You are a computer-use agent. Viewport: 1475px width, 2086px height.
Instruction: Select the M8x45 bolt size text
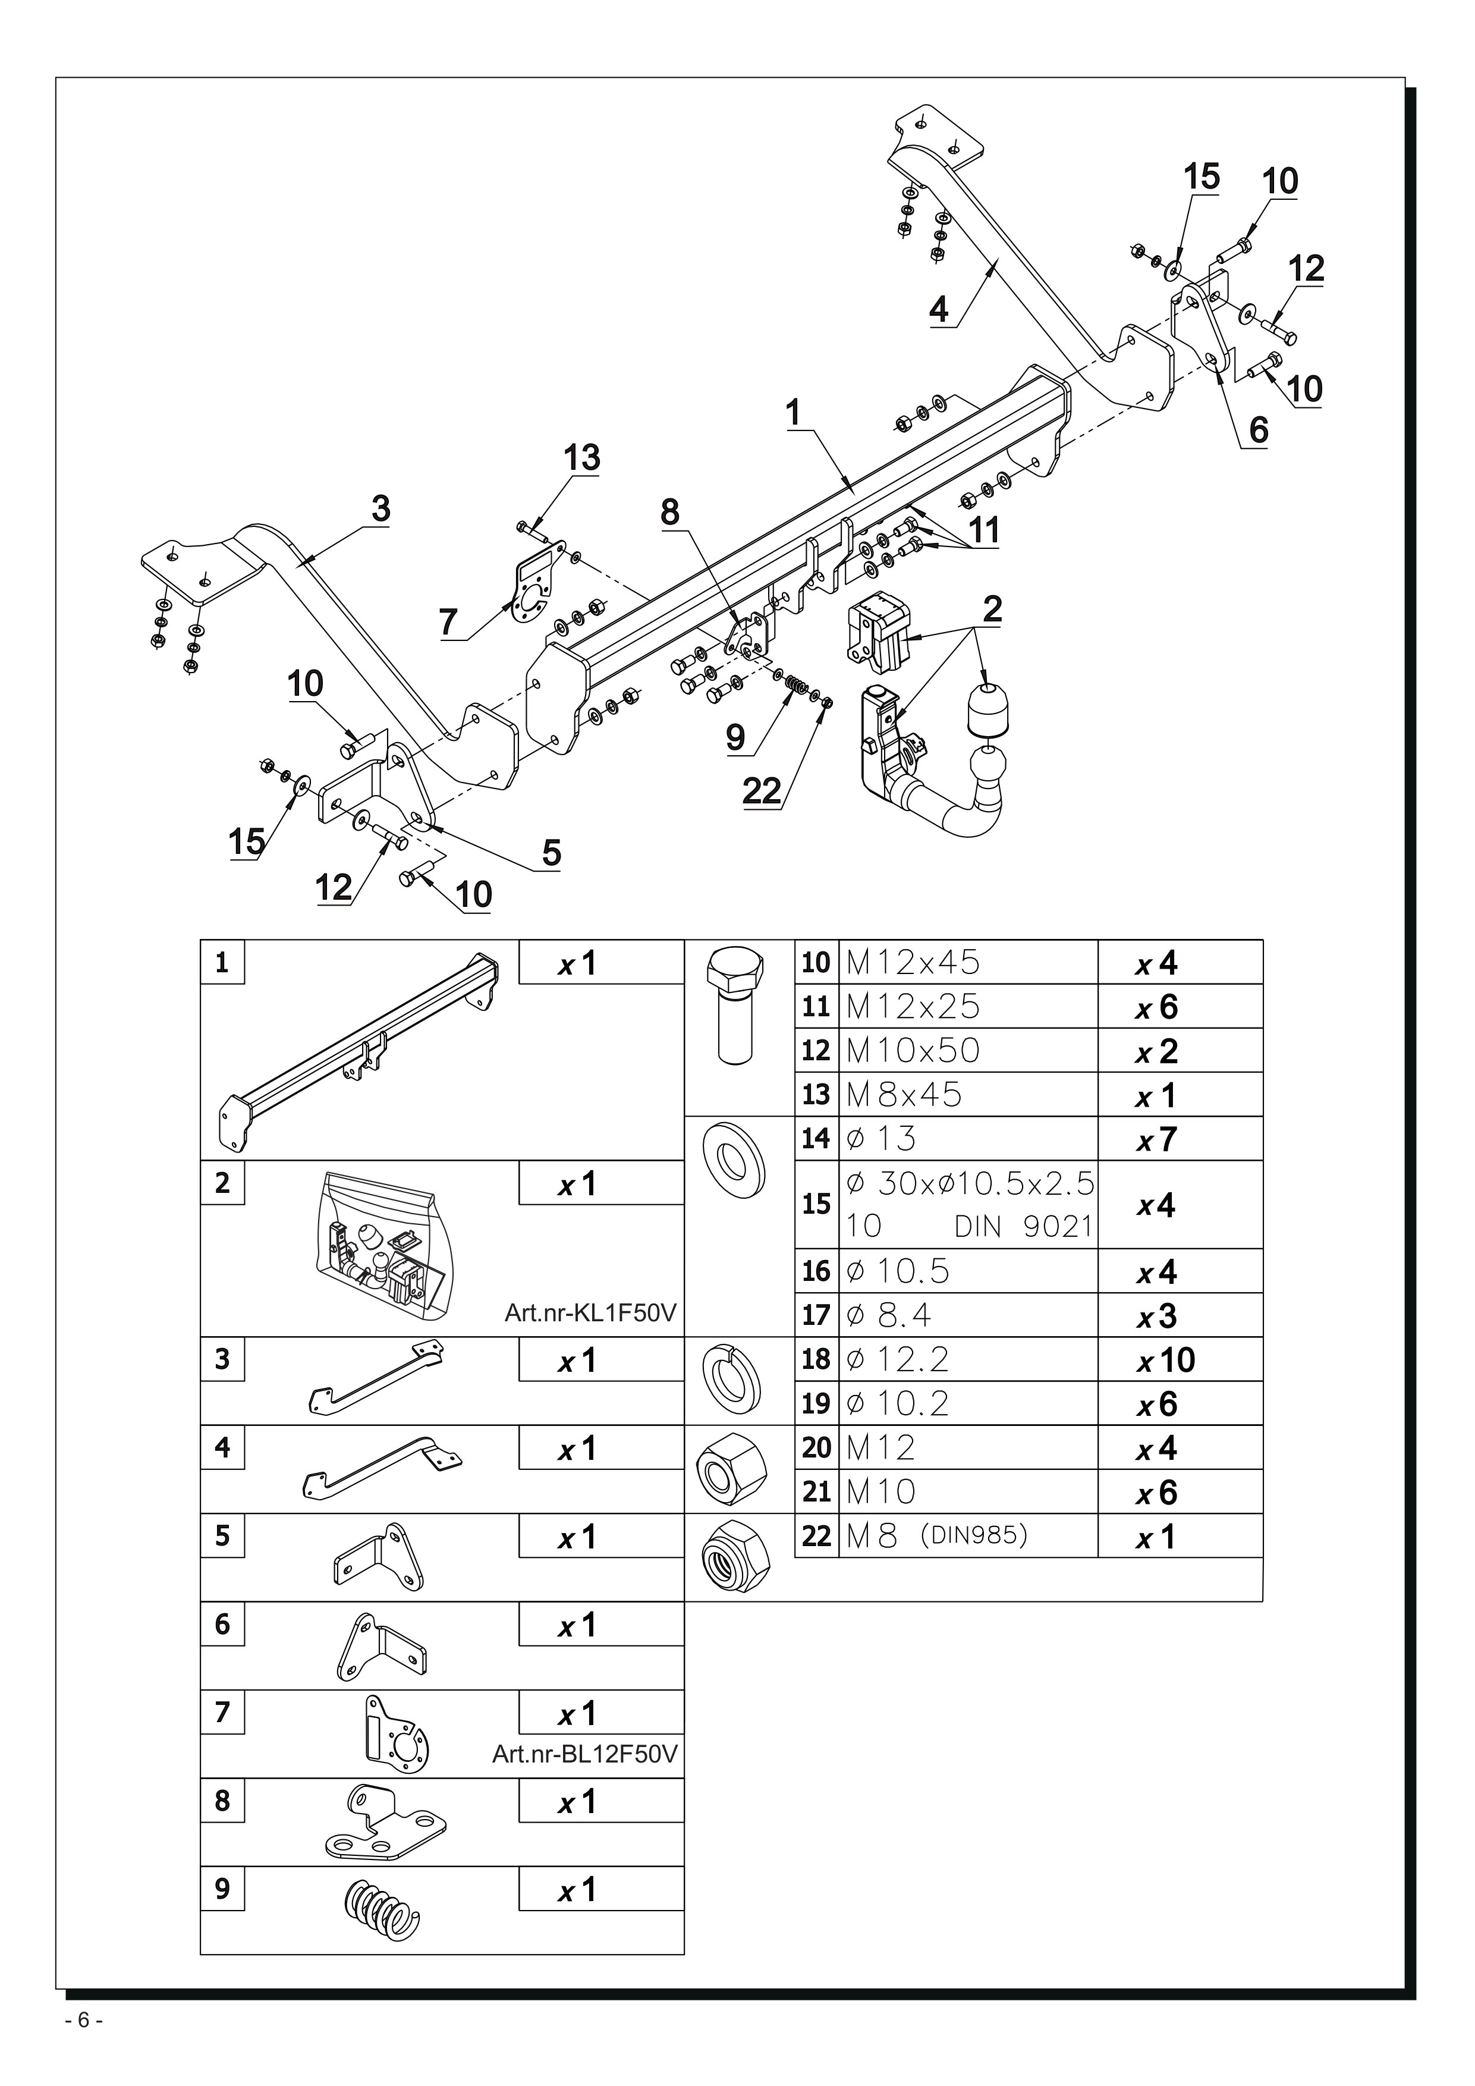point(904,1095)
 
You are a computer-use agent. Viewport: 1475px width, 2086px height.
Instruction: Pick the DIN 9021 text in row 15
point(1024,1227)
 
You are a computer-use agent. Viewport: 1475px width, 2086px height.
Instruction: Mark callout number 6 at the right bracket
point(1258,430)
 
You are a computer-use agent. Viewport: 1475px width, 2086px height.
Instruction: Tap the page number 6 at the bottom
point(84,2046)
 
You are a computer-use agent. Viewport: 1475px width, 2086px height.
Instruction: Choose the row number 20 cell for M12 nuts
point(816,1447)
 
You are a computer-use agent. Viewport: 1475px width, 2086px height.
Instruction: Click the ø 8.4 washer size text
point(889,1315)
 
